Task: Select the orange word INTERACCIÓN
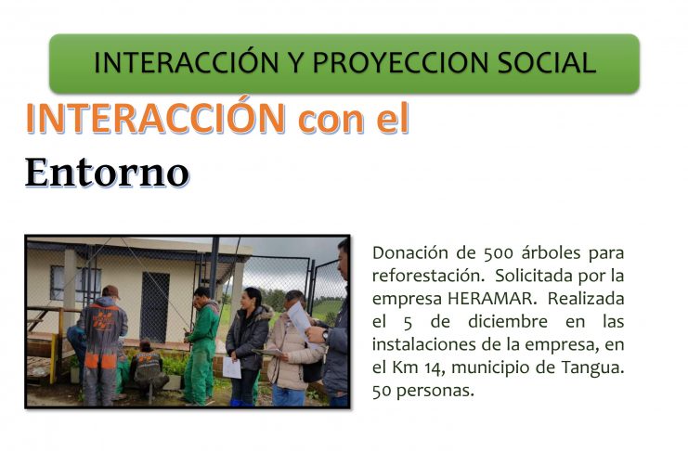[156, 118]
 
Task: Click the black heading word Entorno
[107, 173]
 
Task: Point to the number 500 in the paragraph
[498, 253]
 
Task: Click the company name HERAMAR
[489, 299]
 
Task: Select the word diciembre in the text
[508, 322]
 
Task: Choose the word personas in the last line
[435, 391]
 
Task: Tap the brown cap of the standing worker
[110, 291]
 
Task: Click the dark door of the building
[155, 307]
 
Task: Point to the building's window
[75, 283]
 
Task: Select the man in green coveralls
[201, 345]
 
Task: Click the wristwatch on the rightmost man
[325, 335]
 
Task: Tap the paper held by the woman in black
[232, 367]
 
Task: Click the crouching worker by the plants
[149, 368]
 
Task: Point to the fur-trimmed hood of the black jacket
[264, 312]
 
